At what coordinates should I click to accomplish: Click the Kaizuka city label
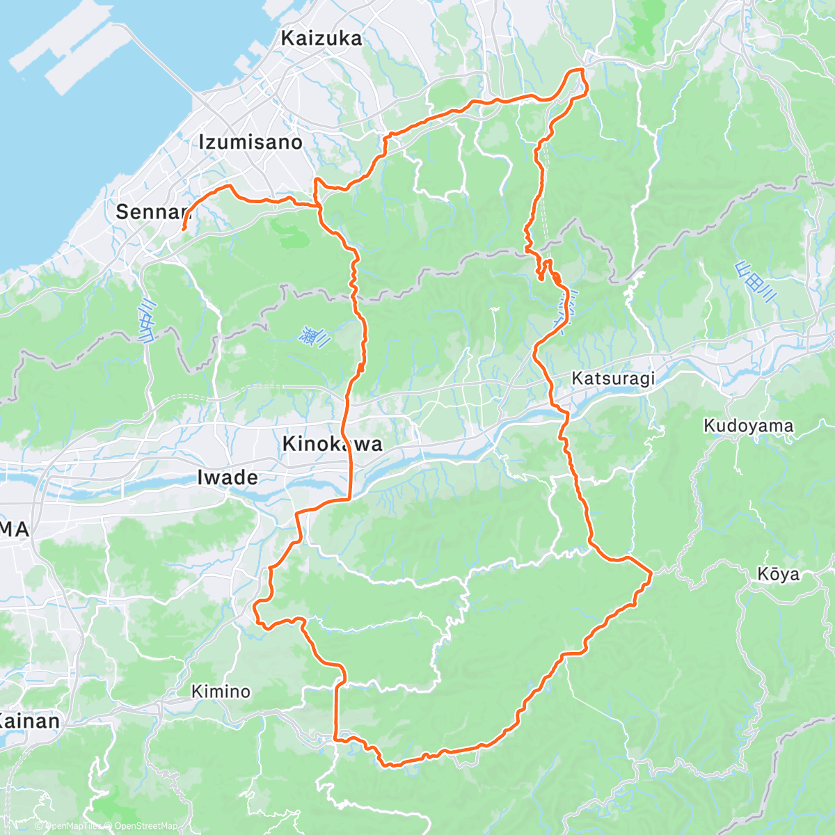tap(321, 38)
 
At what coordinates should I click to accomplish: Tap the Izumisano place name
tap(250, 143)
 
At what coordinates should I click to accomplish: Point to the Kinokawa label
tap(333, 444)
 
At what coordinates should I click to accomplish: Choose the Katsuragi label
tap(613, 379)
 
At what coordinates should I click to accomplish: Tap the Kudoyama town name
tap(748, 426)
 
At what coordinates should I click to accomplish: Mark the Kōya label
tap(778, 574)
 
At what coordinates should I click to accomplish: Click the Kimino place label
tap(221, 691)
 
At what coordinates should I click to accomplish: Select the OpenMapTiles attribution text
tap(73, 826)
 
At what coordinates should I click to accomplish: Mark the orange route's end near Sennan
tap(183, 228)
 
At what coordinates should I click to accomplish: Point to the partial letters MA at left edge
tap(15, 530)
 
